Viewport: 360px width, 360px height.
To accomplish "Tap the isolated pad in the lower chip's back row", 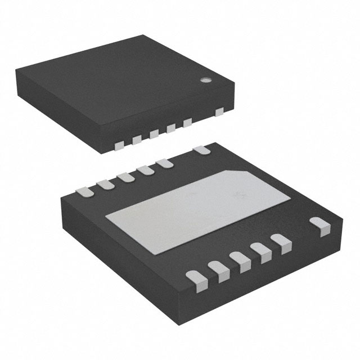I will pyautogui.click(x=201, y=150).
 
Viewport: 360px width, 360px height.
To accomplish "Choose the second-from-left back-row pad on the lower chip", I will pyautogui.click(x=104, y=183).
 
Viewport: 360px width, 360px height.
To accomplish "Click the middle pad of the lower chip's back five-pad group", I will pyautogui.click(x=124, y=177).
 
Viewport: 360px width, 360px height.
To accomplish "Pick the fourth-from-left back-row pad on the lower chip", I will pyautogui.click(x=145, y=169).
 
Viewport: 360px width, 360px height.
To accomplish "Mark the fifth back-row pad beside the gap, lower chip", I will pyautogui.click(x=165, y=163).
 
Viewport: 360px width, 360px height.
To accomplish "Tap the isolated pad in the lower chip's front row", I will pyautogui.click(x=321, y=226).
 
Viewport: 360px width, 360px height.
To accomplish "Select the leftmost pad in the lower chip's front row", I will pyautogui.click(x=195, y=277).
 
